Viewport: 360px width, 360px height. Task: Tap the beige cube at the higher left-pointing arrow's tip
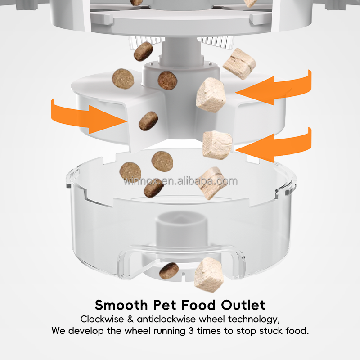click(210, 94)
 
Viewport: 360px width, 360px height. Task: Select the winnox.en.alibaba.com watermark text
click(180, 181)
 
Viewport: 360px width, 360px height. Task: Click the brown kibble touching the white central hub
click(167, 80)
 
